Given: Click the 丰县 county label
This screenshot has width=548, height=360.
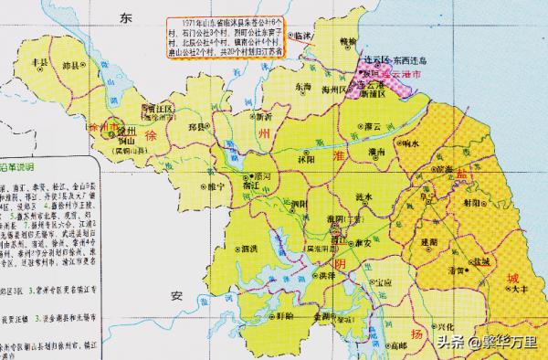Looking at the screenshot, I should pyautogui.click(x=39, y=61).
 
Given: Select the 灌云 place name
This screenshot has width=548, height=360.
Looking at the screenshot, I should pyautogui.click(x=371, y=126).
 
